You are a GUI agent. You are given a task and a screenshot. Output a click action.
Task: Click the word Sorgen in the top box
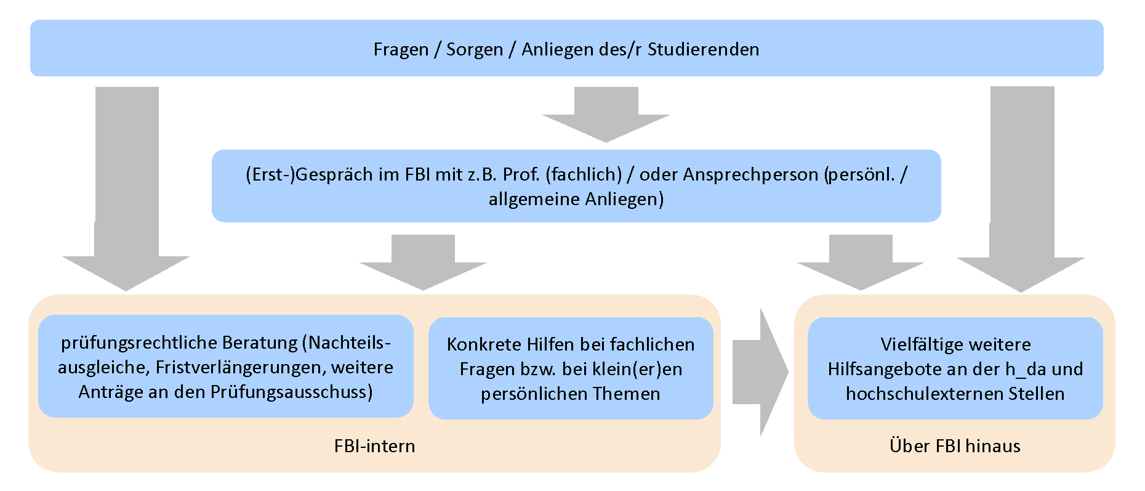(x=474, y=49)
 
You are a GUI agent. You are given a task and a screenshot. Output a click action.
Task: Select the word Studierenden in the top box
(x=703, y=49)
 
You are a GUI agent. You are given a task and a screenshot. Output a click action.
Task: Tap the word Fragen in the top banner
(x=401, y=49)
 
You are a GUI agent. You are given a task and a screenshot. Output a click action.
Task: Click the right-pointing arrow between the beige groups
(x=761, y=372)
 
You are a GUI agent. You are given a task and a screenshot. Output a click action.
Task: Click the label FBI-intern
(x=374, y=446)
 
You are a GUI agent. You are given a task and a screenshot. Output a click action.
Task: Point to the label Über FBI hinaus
(x=955, y=446)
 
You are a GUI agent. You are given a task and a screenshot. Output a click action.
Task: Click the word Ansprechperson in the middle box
(x=750, y=174)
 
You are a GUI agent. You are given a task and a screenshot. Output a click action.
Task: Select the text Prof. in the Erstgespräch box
(x=521, y=174)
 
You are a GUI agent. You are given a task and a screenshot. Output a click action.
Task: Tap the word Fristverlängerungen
(x=241, y=367)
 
